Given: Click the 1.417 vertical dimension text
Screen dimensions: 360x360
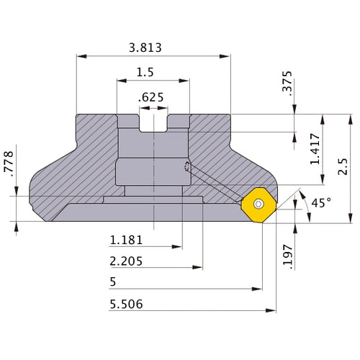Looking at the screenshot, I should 315,149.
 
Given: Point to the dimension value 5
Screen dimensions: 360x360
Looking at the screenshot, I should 114,282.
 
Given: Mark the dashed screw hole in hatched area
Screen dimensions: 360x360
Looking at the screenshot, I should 189,168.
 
